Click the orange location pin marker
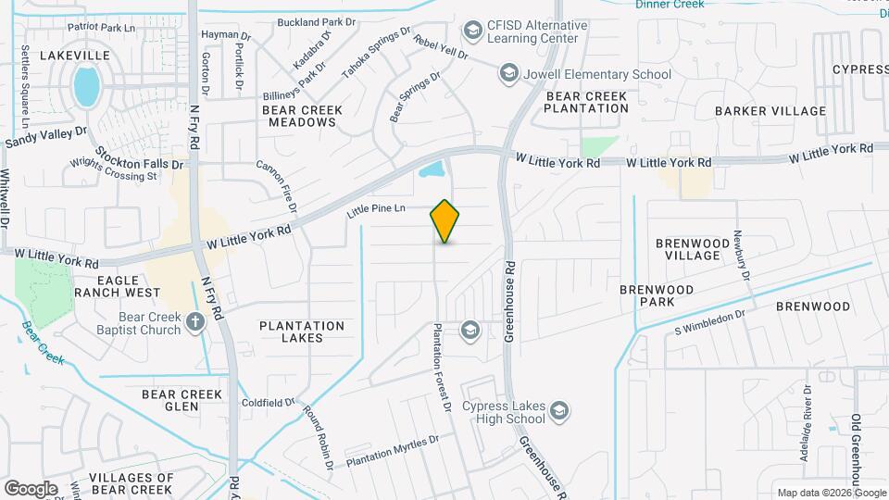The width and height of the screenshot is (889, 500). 445,221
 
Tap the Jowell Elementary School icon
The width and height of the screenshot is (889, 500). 508,73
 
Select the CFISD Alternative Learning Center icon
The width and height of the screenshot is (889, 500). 474,31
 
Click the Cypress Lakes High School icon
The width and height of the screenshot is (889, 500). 558,410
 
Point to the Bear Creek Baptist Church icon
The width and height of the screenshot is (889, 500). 194,322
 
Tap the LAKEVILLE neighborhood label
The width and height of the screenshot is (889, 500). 76,56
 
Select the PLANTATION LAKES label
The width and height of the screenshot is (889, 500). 302,331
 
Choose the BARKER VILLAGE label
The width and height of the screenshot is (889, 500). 770,111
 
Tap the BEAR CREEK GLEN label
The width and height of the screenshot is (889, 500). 182,401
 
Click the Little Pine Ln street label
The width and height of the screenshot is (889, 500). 377,211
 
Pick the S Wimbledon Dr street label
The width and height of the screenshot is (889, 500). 710,321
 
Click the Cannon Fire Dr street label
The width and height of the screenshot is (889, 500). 277,178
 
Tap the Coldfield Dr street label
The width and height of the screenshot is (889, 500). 268,403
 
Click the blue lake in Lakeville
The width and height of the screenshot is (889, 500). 86,86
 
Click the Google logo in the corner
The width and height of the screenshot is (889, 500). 31,488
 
